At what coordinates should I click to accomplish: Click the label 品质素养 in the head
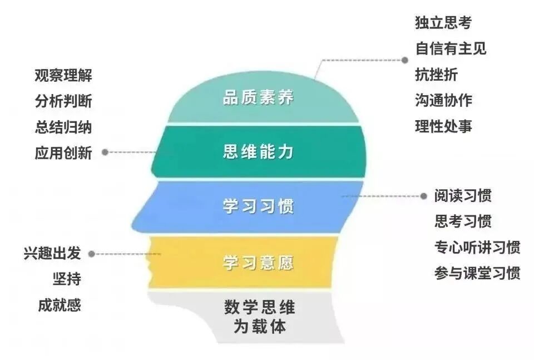pyautogui.click(x=258, y=97)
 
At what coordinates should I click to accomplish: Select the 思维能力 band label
pyautogui.click(x=258, y=152)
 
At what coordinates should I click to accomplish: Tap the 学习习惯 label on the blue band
pyautogui.click(x=258, y=206)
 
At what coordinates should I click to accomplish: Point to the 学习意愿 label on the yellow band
pyautogui.click(x=258, y=262)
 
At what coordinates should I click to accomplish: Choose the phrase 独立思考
pyautogui.click(x=443, y=23)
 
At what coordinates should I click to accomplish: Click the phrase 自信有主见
pyautogui.click(x=451, y=48)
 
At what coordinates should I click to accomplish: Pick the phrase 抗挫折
pyautogui.click(x=436, y=74)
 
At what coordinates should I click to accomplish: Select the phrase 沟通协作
pyautogui.click(x=443, y=100)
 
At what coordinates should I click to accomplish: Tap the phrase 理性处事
pyautogui.click(x=443, y=126)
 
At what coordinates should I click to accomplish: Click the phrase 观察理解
pyautogui.click(x=63, y=76)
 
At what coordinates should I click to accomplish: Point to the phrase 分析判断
pyautogui.click(x=63, y=101)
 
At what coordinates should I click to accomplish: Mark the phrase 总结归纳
pyautogui.click(x=63, y=127)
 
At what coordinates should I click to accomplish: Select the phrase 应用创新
pyautogui.click(x=63, y=152)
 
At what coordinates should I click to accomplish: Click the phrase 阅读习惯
pyautogui.click(x=463, y=196)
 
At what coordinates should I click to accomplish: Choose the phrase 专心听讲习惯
pyautogui.click(x=477, y=248)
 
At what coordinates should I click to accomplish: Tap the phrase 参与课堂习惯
pyautogui.click(x=477, y=274)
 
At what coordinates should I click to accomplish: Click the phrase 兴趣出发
pyautogui.click(x=52, y=254)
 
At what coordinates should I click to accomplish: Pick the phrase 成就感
pyautogui.click(x=60, y=305)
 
